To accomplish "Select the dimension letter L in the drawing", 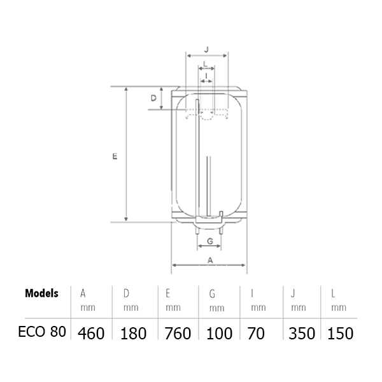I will [x=204, y=64].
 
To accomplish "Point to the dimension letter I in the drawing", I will [x=208, y=76].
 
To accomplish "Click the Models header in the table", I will [x=41, y=294].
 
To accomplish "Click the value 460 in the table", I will [x=92, y=334].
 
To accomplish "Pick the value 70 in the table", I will [x=258, y=334].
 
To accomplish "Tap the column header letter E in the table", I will [x=167, y=294].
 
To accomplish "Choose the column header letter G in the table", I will [x=211, y=294].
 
